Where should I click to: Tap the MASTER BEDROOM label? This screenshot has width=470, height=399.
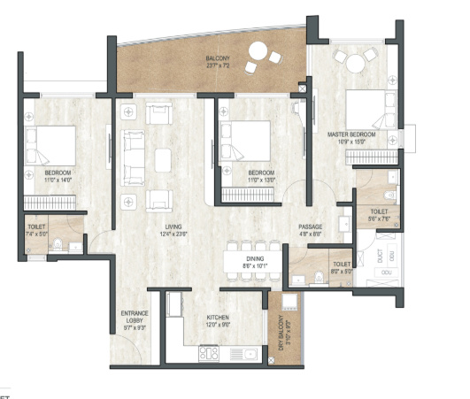click(351, 134)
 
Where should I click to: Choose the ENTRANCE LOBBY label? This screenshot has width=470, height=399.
click(135, 317)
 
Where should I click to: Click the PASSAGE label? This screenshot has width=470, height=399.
click(310, 227)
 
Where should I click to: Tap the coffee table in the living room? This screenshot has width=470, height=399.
click(163, 160)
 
